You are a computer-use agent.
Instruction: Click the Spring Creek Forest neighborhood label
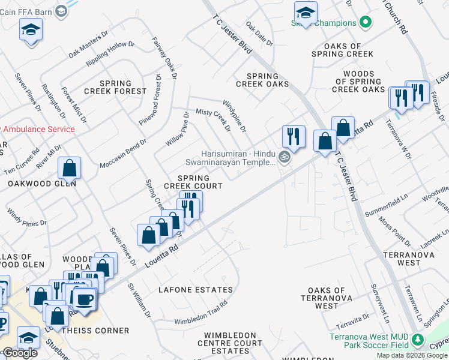tap(115, 87)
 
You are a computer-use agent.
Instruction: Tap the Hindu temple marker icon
tap(285, 158)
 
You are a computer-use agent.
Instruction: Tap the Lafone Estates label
tap(195, 290)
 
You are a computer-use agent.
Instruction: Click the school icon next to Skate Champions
tap(306, 13)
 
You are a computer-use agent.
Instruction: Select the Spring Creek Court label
tap(193, 182)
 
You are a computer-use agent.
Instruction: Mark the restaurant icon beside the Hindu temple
tap(294, 135)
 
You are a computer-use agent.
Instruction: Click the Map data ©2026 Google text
tap(412, 355)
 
